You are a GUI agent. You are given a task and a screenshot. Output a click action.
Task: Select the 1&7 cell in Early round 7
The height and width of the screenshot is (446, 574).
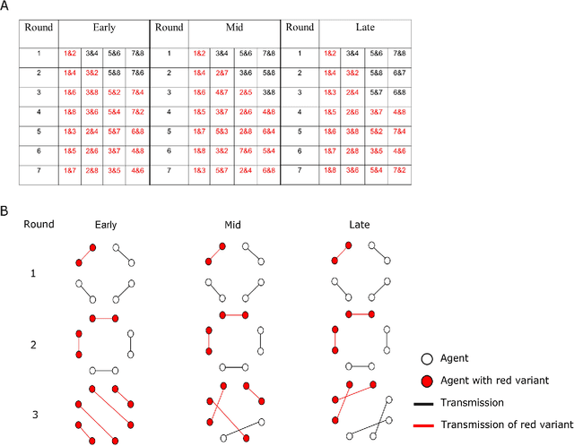coord(69,170)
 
